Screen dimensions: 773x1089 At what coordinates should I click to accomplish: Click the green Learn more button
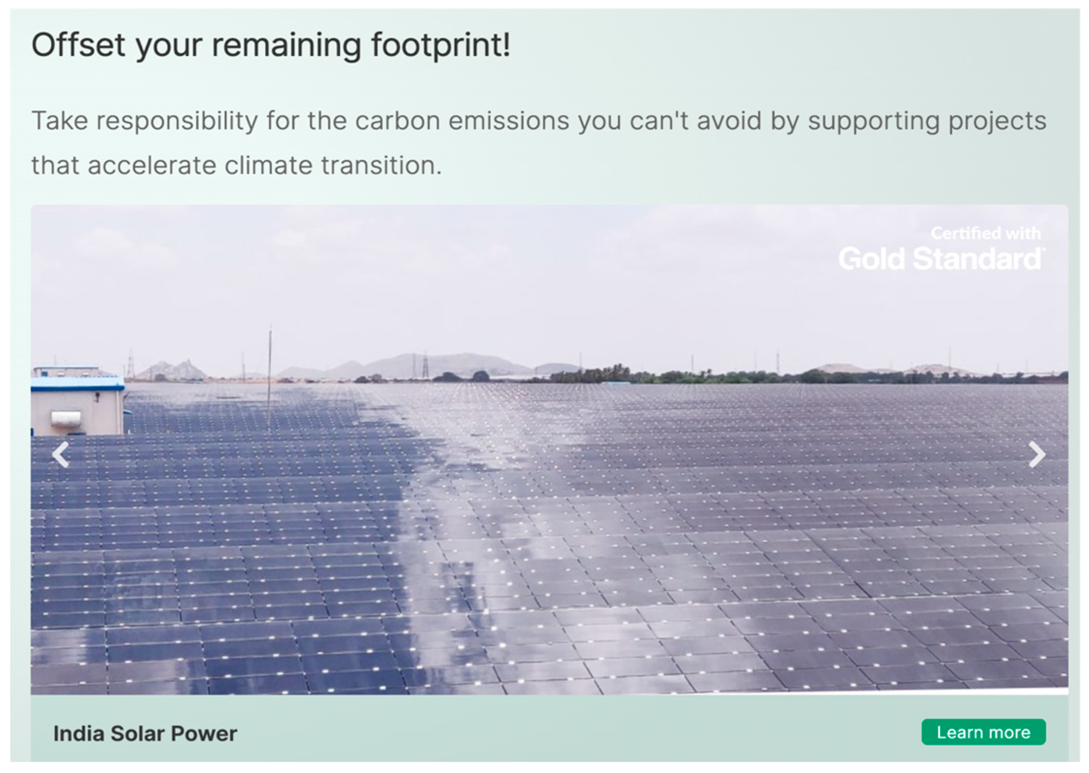click(983, 732)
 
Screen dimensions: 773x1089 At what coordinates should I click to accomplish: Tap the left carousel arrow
click(61, 455)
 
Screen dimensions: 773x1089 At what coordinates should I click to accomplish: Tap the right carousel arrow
click(1036, 455)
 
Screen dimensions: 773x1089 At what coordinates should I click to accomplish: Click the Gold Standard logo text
click(940, 259)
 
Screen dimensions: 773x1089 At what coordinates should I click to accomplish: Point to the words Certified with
click(985, 234)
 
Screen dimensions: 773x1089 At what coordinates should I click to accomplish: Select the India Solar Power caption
click(145, 734)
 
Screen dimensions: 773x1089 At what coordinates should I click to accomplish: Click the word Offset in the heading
click(78, 45)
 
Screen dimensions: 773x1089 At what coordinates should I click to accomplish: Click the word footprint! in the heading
click(440, 45)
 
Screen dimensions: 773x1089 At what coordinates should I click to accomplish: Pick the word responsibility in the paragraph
click(177, 121)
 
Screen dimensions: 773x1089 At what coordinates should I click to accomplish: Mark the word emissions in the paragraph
click(509, 121)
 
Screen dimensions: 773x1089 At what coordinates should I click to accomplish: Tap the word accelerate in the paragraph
click(152, 166)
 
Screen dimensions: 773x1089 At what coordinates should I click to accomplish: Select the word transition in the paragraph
click(381, 166)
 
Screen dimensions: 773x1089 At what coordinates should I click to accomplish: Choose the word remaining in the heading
click(286, 45)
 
